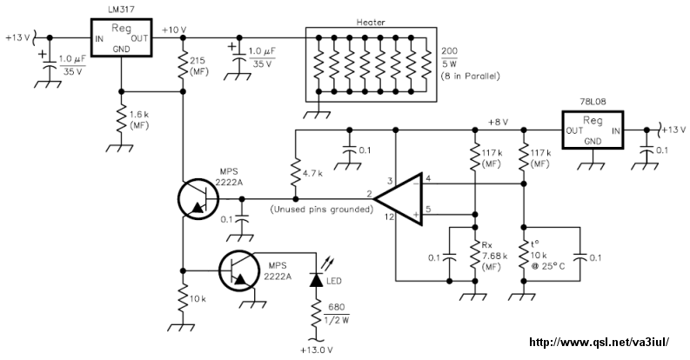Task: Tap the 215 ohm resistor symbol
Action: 183,65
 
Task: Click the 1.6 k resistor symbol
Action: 122,119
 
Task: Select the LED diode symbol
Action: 316,279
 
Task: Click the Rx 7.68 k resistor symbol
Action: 475,256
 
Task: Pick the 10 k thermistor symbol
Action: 524,256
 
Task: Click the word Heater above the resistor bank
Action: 371,23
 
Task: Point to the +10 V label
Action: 174,30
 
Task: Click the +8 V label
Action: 498,123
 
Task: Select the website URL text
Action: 600,342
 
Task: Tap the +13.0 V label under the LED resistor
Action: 317,350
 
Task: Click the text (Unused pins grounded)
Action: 322,210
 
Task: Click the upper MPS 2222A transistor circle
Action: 198,198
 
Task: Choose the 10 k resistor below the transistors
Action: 183,300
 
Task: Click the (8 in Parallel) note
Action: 470,76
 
